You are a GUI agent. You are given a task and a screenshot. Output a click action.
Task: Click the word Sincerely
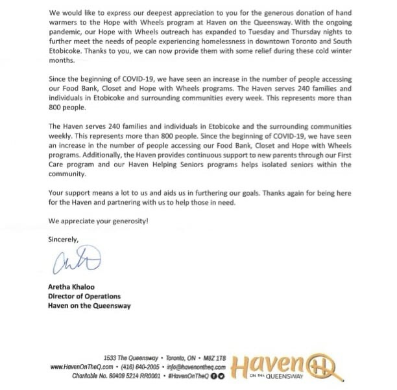pos(64,239)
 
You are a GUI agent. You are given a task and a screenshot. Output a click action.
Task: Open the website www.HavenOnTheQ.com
pos(81,366)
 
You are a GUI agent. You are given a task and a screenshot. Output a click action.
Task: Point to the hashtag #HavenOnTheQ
pos(190,374)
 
